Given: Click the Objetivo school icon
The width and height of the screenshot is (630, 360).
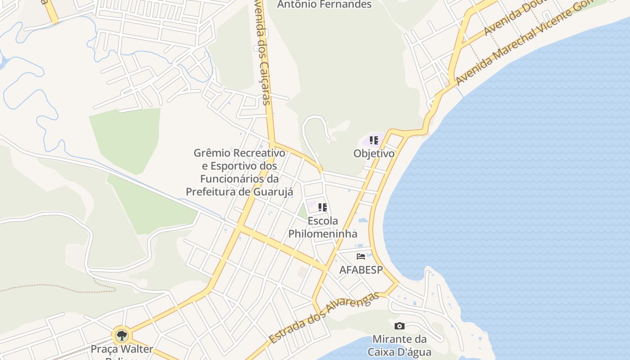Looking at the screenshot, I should point(373,140).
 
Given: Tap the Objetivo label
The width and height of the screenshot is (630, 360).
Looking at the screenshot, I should point(374,153).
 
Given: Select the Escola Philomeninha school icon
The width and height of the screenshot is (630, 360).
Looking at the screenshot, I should point(322,207).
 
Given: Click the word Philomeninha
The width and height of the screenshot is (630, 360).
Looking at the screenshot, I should point(323,234).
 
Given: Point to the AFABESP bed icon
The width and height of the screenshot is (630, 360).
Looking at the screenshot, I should point(360,256).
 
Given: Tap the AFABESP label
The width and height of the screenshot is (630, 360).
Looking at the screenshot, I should point(361,270).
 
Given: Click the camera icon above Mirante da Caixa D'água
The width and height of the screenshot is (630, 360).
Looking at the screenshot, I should point(399,326).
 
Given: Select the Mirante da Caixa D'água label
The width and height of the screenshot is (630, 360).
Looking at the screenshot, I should point(399,345).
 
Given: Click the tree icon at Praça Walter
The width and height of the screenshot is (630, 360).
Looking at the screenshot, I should point(121,335).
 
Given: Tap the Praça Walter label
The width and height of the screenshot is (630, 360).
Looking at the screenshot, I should point(122,349).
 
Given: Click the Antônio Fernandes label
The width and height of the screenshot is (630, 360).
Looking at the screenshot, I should point(324,4).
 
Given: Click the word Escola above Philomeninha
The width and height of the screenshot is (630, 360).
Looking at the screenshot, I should point(323,221).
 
